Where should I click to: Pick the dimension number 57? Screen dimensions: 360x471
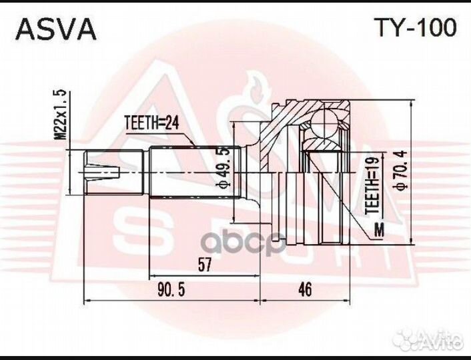pyautogui.click(x=204, y=265)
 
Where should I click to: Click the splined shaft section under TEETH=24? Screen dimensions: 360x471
pyautogui.click(x=193, y=171)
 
